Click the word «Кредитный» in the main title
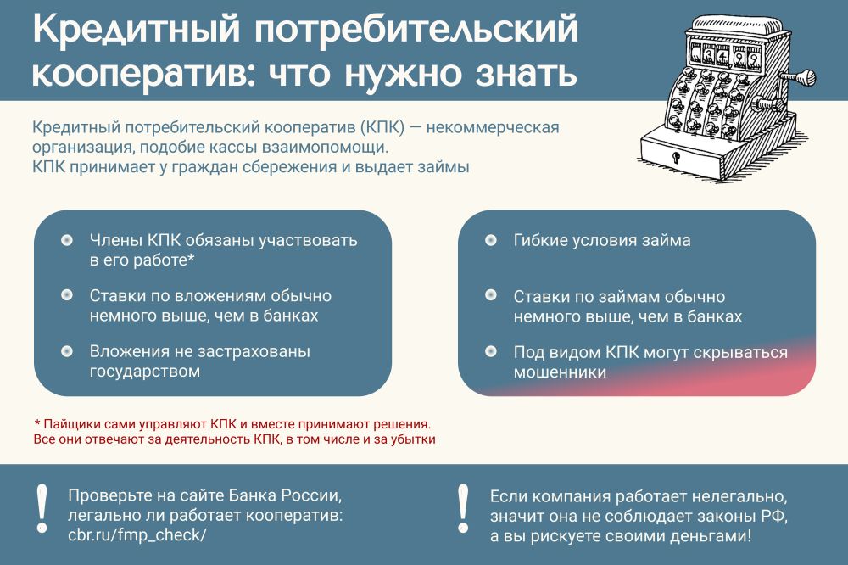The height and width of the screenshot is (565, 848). (x=136, y=29)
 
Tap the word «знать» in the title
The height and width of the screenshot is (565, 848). (x=527, y=73)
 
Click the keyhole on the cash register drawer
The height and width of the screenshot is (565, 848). (x=676, y=158)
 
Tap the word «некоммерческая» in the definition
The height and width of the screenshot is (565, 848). (x=492, y=128)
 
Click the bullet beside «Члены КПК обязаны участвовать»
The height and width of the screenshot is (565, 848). (x=66, y=240)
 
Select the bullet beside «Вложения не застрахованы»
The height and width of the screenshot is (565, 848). (x=66, y=351)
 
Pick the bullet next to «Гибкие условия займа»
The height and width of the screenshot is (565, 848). (x=490, y=240)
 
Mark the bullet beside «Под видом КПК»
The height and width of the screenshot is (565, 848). (x=490, y=352)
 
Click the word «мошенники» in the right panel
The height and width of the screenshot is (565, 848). (x=560, y=372)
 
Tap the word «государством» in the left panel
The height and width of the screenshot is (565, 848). (x=144, y=372)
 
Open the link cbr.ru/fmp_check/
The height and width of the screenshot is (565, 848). (x=137, y=535)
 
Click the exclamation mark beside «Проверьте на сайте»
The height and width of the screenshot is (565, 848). (x=42, y=508)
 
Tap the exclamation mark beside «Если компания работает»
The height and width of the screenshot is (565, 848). (x=463, y=508)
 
